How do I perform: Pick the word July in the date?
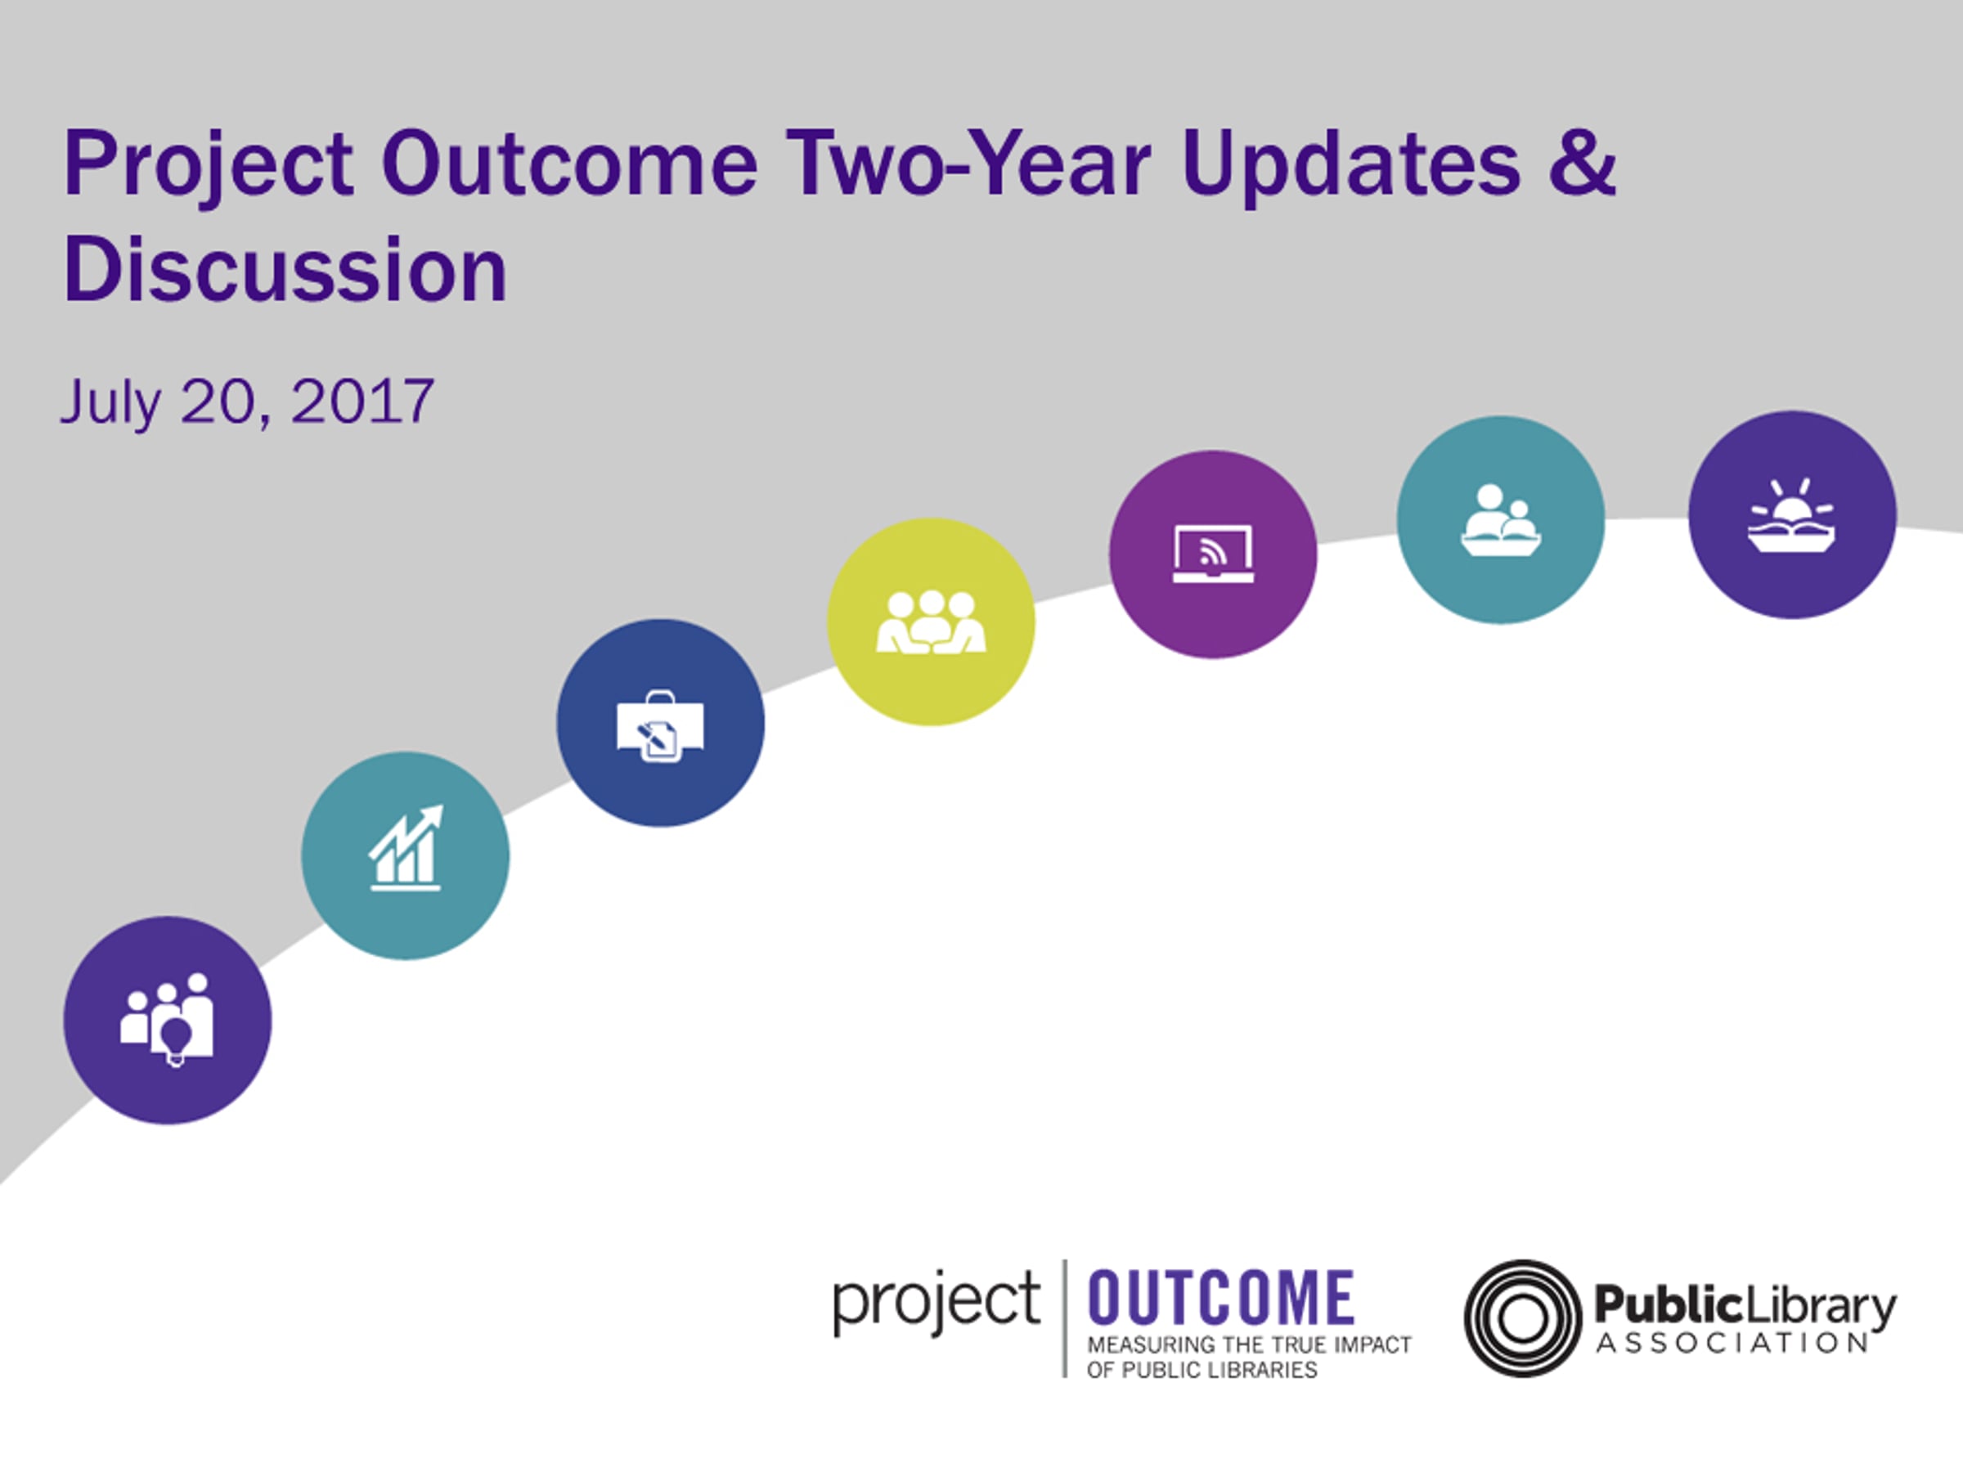(111, 404)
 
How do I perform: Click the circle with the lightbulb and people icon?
(168, 1021)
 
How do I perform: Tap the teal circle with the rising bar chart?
(406, 855)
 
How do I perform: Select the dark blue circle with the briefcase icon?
(660, 722)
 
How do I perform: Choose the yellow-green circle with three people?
(931, 621)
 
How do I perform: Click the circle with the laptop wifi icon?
(1213, 554)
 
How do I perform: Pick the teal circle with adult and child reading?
(1501, 519)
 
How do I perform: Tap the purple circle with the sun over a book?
(1793, 514)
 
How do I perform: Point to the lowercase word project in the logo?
(937, 1303)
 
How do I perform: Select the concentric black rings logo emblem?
(1522, 1317)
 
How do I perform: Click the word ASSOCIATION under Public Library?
(1732, 1344)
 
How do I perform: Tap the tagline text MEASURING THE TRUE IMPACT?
(1250, 1345)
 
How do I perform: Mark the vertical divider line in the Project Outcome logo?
(1064, 1317)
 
